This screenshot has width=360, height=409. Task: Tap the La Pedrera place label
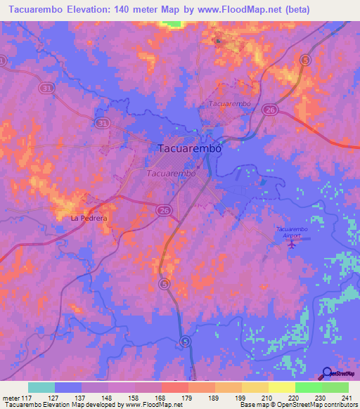pos(89,219)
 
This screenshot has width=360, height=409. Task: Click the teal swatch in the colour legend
pos(41,387)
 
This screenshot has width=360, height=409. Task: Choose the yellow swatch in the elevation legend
pos(281,387)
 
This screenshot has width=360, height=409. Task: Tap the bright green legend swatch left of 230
pos(308,387)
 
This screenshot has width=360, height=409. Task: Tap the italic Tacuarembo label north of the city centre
pos(230,103)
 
